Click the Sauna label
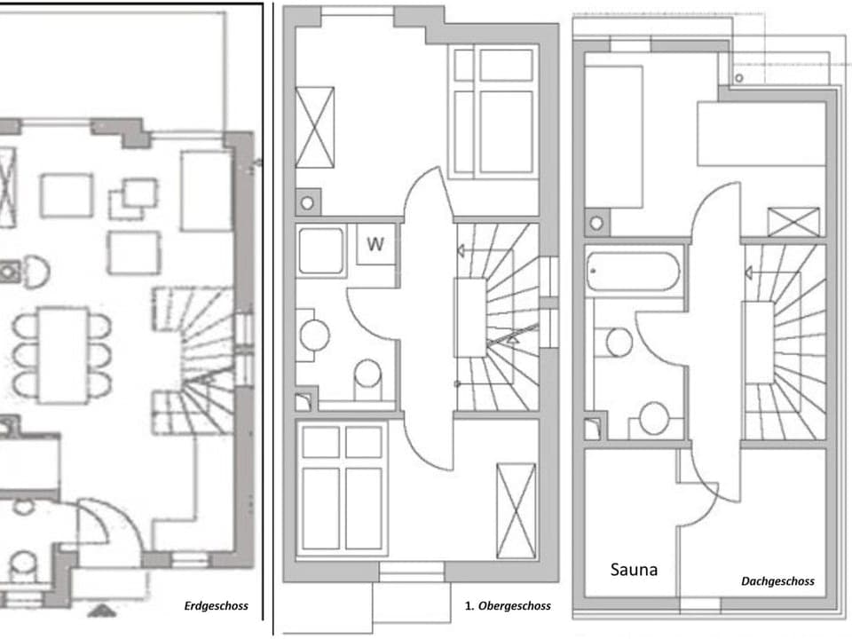point(634,570)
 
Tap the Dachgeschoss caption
point(777,582)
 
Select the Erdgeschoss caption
point(216,607)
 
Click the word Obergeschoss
point(514,606)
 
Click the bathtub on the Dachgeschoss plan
point(633,272)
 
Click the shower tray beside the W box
point(320,251)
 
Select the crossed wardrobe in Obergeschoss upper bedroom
point(314,127)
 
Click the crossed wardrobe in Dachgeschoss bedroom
point(793,221)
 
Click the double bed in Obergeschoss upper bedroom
point(493,112)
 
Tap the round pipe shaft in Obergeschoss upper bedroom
point(307,203)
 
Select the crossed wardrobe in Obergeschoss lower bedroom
point(516,511)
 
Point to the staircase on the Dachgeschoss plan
point(785,342)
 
